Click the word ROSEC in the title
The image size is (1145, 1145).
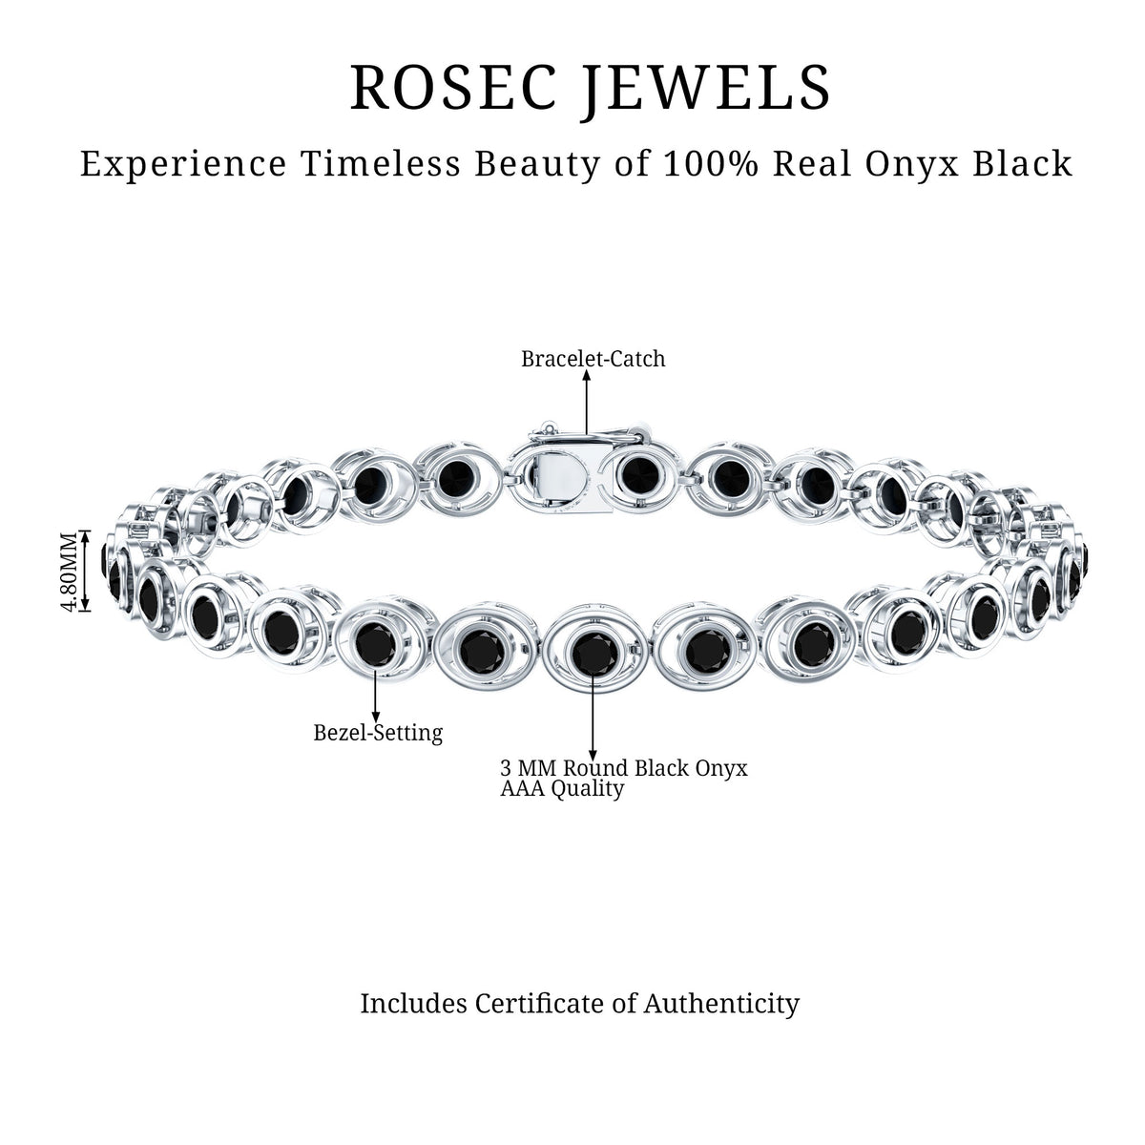point(454,88)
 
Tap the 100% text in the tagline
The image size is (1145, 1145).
point(710,163)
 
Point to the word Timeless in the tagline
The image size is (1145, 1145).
point(382,163)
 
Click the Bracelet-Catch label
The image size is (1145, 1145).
point(593,359)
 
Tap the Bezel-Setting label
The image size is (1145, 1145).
point(378,733)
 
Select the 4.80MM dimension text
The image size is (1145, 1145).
point(70,572)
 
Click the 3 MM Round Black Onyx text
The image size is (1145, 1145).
point(624,768)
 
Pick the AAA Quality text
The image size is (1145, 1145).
point(562,789)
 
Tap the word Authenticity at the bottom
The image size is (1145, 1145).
point(721,1004)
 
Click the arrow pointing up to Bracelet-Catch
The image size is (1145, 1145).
point(587,405)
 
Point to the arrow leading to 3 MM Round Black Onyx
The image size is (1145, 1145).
point(593,715)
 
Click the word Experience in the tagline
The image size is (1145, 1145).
point(183,164)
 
